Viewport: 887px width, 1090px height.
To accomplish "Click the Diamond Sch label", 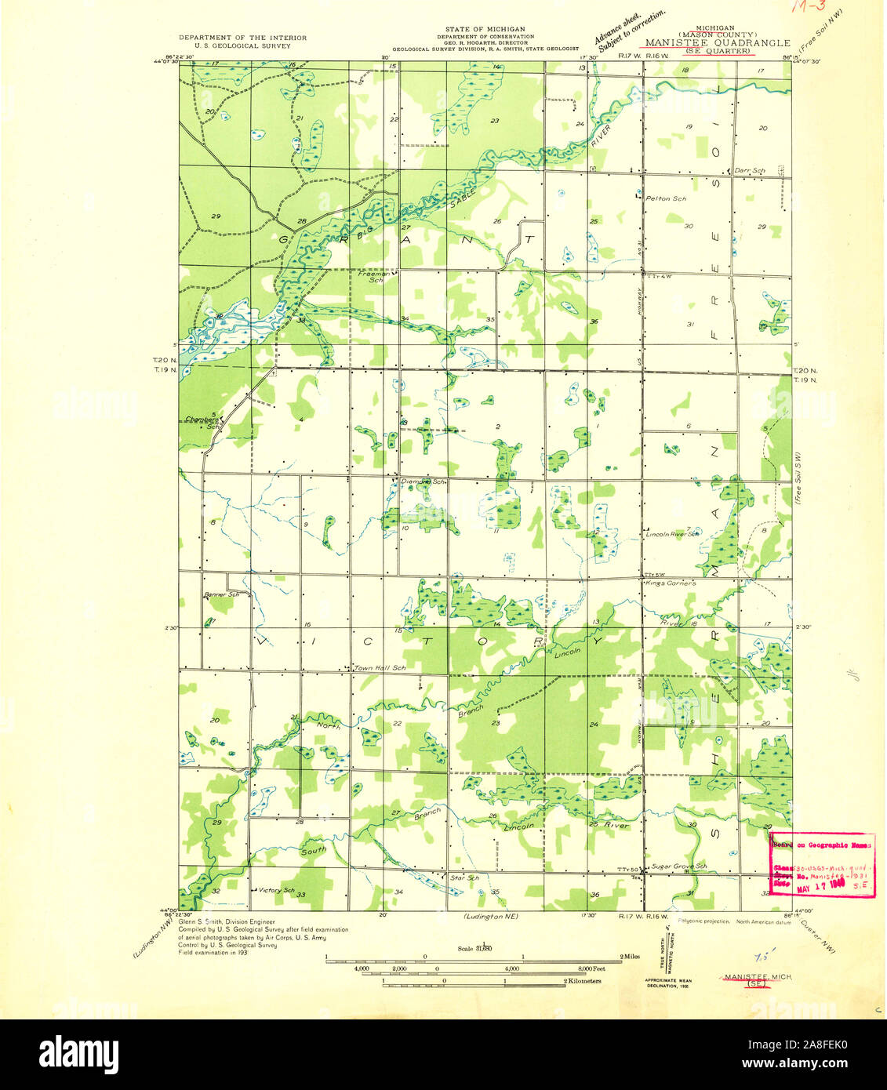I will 423,482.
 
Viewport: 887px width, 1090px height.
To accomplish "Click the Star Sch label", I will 463,877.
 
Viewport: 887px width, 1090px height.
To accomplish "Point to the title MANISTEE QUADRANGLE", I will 717,43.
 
